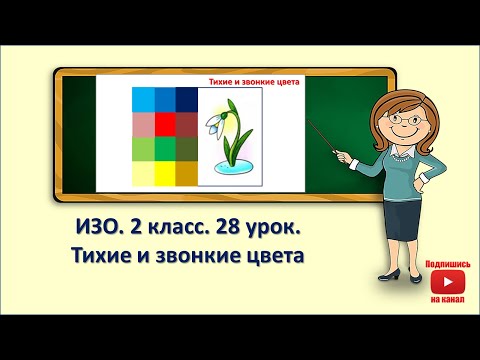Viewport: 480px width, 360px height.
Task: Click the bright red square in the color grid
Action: [x=164, y=122]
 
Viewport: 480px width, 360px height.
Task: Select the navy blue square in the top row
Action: [x=186, y=98]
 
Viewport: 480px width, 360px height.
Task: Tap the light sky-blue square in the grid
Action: [x=143, y=98]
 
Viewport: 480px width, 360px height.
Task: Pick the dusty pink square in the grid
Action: [x=143, y=122]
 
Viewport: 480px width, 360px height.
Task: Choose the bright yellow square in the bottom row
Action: [x=164, y=173]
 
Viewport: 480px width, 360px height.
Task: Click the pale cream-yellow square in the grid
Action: [x=143, y=173]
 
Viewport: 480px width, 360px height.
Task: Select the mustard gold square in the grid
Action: [x=186, y=173]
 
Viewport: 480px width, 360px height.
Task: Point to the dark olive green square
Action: [x=186, y=148]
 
